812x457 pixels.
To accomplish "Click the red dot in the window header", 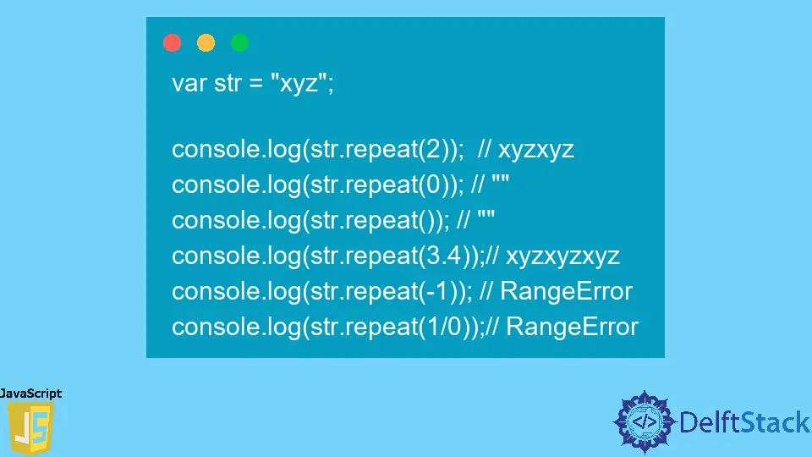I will (x=173, y=43).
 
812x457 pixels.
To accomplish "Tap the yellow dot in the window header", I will (x=206, y=43).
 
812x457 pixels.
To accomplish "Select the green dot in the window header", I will (x=240, y=43).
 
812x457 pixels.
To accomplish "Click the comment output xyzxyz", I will (x=536, y=150).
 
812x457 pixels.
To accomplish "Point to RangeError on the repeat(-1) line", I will (x=566, y=291).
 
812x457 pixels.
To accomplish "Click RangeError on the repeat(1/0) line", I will (x=572, y=327).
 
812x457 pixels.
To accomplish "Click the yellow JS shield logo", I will (x=30, y=428).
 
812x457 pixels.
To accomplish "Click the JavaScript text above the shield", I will (x=30, y=394).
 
